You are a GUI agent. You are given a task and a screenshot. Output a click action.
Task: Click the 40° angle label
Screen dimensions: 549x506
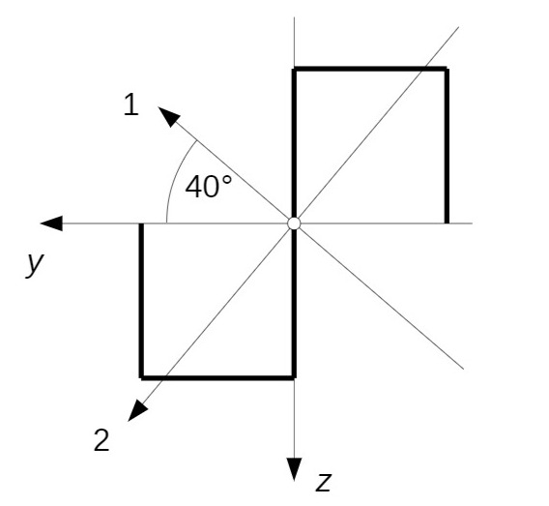209,187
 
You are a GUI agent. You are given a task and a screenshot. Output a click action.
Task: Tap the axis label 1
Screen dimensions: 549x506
131,104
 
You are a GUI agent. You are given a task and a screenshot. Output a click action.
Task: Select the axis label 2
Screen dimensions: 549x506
101,440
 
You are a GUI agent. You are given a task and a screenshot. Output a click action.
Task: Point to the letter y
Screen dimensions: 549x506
35,263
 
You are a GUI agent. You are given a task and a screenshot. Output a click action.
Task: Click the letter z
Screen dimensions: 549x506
323,482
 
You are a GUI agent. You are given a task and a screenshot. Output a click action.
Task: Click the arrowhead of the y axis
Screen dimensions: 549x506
51,223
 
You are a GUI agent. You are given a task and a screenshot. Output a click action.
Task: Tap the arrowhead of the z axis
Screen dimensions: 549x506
294,469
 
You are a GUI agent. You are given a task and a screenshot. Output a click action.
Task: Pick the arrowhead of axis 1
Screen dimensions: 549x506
169,116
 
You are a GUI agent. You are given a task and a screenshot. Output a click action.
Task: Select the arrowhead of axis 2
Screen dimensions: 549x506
137,410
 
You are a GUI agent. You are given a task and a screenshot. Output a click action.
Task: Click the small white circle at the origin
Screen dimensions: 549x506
294,223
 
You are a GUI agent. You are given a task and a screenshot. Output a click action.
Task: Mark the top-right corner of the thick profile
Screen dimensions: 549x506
447,69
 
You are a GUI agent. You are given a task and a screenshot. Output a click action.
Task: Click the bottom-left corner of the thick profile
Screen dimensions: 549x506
141,377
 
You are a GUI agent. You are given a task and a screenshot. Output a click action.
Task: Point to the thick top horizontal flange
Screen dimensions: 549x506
370,69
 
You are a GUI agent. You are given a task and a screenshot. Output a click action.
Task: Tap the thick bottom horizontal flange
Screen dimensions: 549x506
217,377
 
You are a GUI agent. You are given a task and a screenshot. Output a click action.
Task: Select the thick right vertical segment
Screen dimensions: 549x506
447,146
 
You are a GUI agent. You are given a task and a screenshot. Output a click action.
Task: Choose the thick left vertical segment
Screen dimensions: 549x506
141,301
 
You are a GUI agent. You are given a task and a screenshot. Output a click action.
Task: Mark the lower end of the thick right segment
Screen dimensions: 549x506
447,223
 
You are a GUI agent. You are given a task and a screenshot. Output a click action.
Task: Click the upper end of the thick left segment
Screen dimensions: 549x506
141,223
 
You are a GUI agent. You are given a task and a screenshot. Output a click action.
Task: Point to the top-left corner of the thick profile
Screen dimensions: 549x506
294,69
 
